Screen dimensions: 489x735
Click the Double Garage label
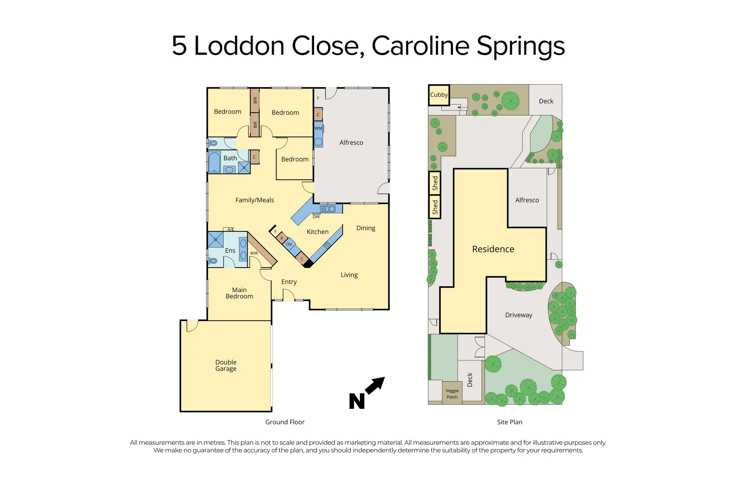tap(226, 365)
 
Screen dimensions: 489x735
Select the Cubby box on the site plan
tap(439, 95)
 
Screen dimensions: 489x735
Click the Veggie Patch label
tap(452, 394)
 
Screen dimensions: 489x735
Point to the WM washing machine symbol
tap(318, 129)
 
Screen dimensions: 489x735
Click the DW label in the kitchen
tap(316, 217)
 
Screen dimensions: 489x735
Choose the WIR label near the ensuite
tap(254, 254)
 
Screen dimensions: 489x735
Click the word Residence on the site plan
tap(493, 249)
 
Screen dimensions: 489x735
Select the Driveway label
tap(518, 315)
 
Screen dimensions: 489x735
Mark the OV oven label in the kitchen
tap(289, 244)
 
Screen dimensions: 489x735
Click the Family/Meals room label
tap(254, 200)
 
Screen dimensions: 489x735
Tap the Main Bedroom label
tap(239, 293)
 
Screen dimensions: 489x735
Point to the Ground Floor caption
tap(285, 422)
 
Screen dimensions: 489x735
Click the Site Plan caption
tap(509, 422)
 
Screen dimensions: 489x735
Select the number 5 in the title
tap(179, 46)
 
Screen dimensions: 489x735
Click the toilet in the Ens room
tap(213, 261)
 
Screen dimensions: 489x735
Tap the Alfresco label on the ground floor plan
tap(351, 143)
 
